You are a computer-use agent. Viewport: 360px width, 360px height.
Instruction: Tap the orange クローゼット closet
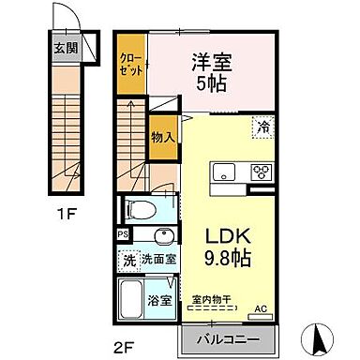point(130,65)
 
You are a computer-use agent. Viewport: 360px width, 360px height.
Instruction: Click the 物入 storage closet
point(163,137)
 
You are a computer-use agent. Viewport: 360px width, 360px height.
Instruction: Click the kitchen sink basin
point(226,172)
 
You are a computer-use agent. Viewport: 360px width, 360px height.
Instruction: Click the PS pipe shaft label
point(123,234)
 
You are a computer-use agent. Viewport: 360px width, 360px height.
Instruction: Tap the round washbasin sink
point(164,235)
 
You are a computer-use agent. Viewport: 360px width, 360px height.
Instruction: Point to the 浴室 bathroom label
point(158,302)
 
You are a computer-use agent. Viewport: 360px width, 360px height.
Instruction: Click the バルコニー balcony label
point(229,337)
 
